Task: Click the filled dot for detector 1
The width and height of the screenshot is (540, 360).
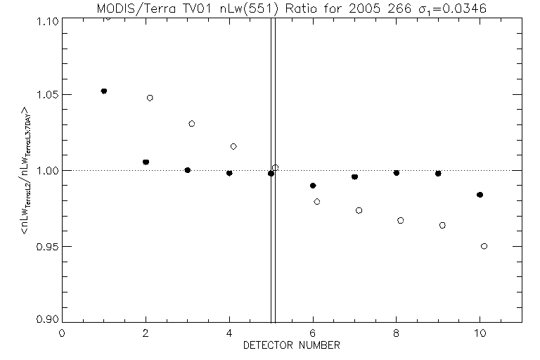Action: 104,91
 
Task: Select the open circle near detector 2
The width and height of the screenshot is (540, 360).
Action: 150,98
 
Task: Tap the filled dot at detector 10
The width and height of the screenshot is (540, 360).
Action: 480,195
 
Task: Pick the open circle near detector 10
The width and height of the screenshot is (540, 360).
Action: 484,246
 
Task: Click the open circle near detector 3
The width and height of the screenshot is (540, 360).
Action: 191,124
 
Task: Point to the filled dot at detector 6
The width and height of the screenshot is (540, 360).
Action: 313,186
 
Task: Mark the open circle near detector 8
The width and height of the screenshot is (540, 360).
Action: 400,220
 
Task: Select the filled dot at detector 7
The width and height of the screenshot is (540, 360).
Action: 354,176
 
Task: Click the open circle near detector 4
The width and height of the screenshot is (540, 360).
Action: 233,146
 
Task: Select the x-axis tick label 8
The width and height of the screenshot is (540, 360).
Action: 397,333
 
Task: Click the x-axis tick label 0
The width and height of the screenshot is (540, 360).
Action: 63,333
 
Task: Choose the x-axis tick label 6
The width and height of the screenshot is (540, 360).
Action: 313,333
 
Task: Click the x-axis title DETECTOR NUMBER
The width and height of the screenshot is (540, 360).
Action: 292,346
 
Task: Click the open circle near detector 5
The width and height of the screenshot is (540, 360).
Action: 276,167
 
